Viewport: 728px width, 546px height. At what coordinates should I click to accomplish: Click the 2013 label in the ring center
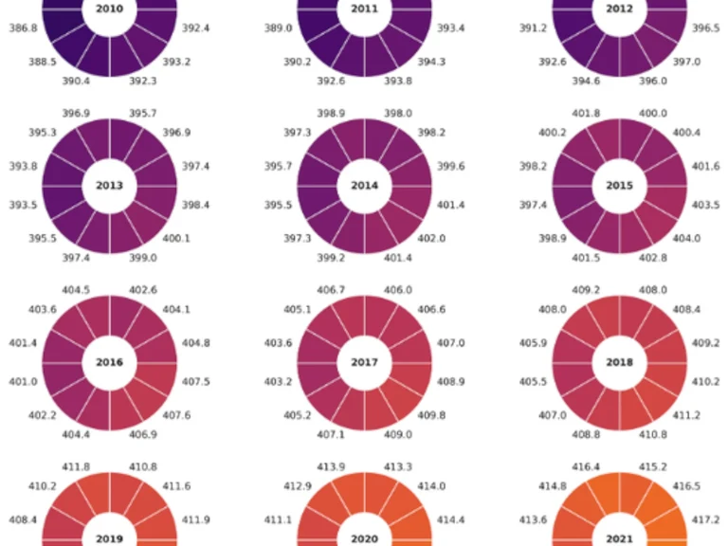click(x=109, y=186)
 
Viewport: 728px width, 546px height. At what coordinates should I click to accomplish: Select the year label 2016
click(x=109, y=362)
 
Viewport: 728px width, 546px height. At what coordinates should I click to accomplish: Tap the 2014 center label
click(x=364, y=186)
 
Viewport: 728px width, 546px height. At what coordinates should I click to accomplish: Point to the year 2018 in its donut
click(x=619, y=362)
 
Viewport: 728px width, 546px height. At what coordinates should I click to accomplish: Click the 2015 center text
click(x=619, y=186)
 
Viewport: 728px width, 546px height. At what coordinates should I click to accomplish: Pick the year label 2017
click(x=364, y=362)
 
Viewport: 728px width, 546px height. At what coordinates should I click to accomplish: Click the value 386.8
click(x=23, y=28)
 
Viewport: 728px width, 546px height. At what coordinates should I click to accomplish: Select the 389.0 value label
click(x=278, y=28)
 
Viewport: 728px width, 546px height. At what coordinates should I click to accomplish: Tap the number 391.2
click(x=533, y=28)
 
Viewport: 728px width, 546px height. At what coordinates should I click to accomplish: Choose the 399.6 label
click(x=451, y=166)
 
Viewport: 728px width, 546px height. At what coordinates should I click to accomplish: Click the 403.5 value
click(x=706, y=205)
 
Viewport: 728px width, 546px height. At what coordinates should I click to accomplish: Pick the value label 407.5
click(x=196, y=382)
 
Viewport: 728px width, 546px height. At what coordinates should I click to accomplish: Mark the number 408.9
click(x=451, y=382)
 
